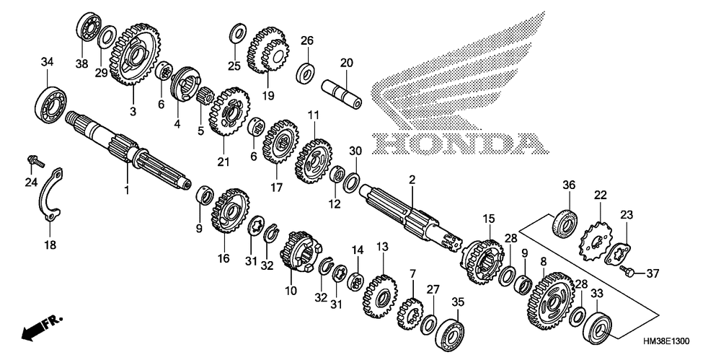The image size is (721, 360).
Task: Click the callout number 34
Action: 47,61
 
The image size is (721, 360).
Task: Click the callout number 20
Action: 346,63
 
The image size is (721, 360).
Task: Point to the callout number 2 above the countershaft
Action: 412,180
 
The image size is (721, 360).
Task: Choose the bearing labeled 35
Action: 450,329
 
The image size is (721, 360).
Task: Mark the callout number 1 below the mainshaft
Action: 126,189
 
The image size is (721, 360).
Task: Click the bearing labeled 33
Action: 598,328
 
